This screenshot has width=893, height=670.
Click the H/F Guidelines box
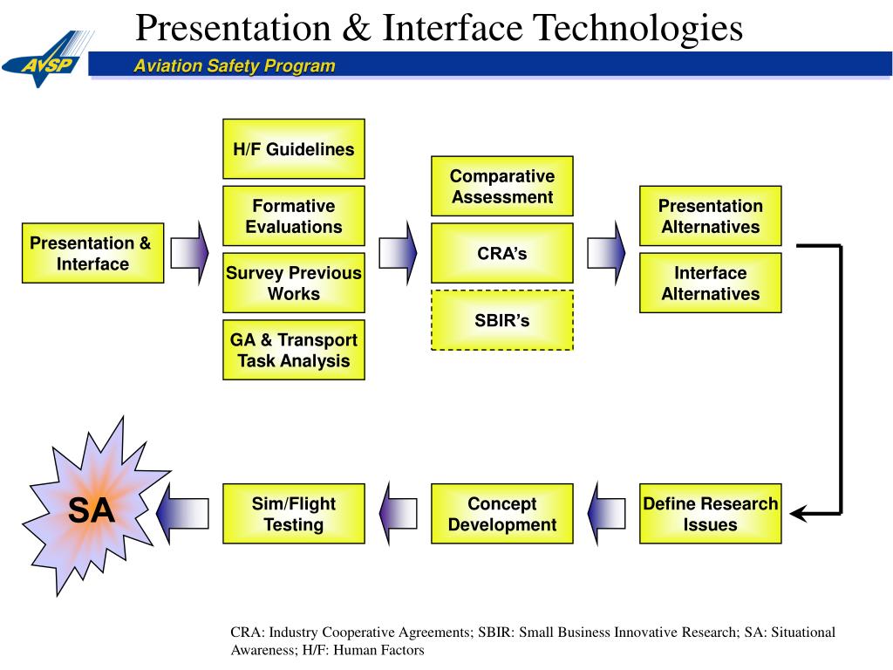293,148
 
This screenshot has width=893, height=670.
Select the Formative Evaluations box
293,215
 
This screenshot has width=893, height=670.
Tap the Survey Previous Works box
293,283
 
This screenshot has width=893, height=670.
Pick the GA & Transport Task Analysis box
293,350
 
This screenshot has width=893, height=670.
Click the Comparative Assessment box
501,187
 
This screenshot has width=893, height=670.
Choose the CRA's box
501,253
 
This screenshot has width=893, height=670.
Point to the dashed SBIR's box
501,320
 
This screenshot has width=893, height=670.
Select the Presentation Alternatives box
710,215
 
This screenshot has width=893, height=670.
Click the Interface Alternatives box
710,283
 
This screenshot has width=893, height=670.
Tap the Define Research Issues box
710,514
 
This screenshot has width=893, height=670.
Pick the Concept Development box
501,514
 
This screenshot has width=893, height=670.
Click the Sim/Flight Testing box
293,514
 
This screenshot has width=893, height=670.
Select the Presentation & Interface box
92,253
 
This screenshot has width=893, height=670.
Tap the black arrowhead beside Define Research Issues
801,513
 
